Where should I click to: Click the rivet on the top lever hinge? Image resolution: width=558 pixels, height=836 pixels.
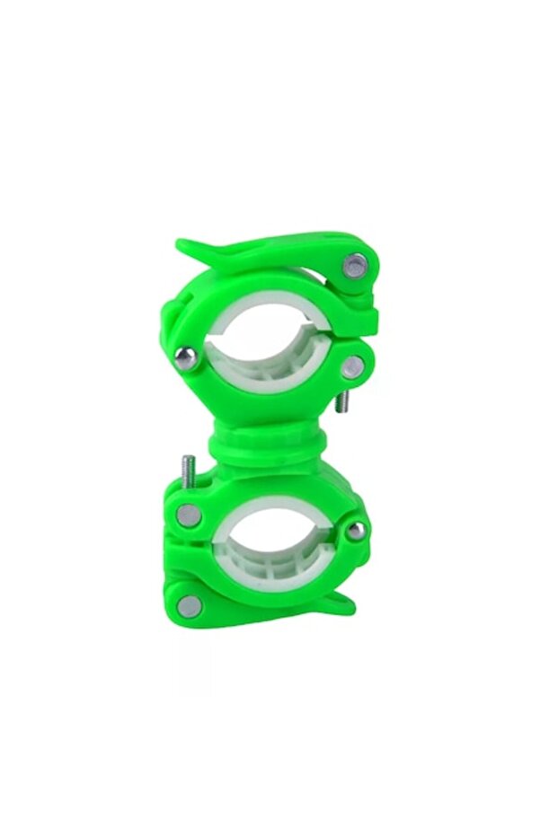click(x=357, y=266)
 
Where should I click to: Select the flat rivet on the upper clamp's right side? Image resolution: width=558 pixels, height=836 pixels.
click(x=353, y=366)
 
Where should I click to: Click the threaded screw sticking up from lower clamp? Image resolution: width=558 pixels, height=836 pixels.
click(x=188, y=471)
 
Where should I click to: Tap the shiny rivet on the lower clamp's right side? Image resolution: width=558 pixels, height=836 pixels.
click(x=357, y=530)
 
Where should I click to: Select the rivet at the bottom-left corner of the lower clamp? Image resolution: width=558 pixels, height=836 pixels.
click(x=189, y=605)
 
